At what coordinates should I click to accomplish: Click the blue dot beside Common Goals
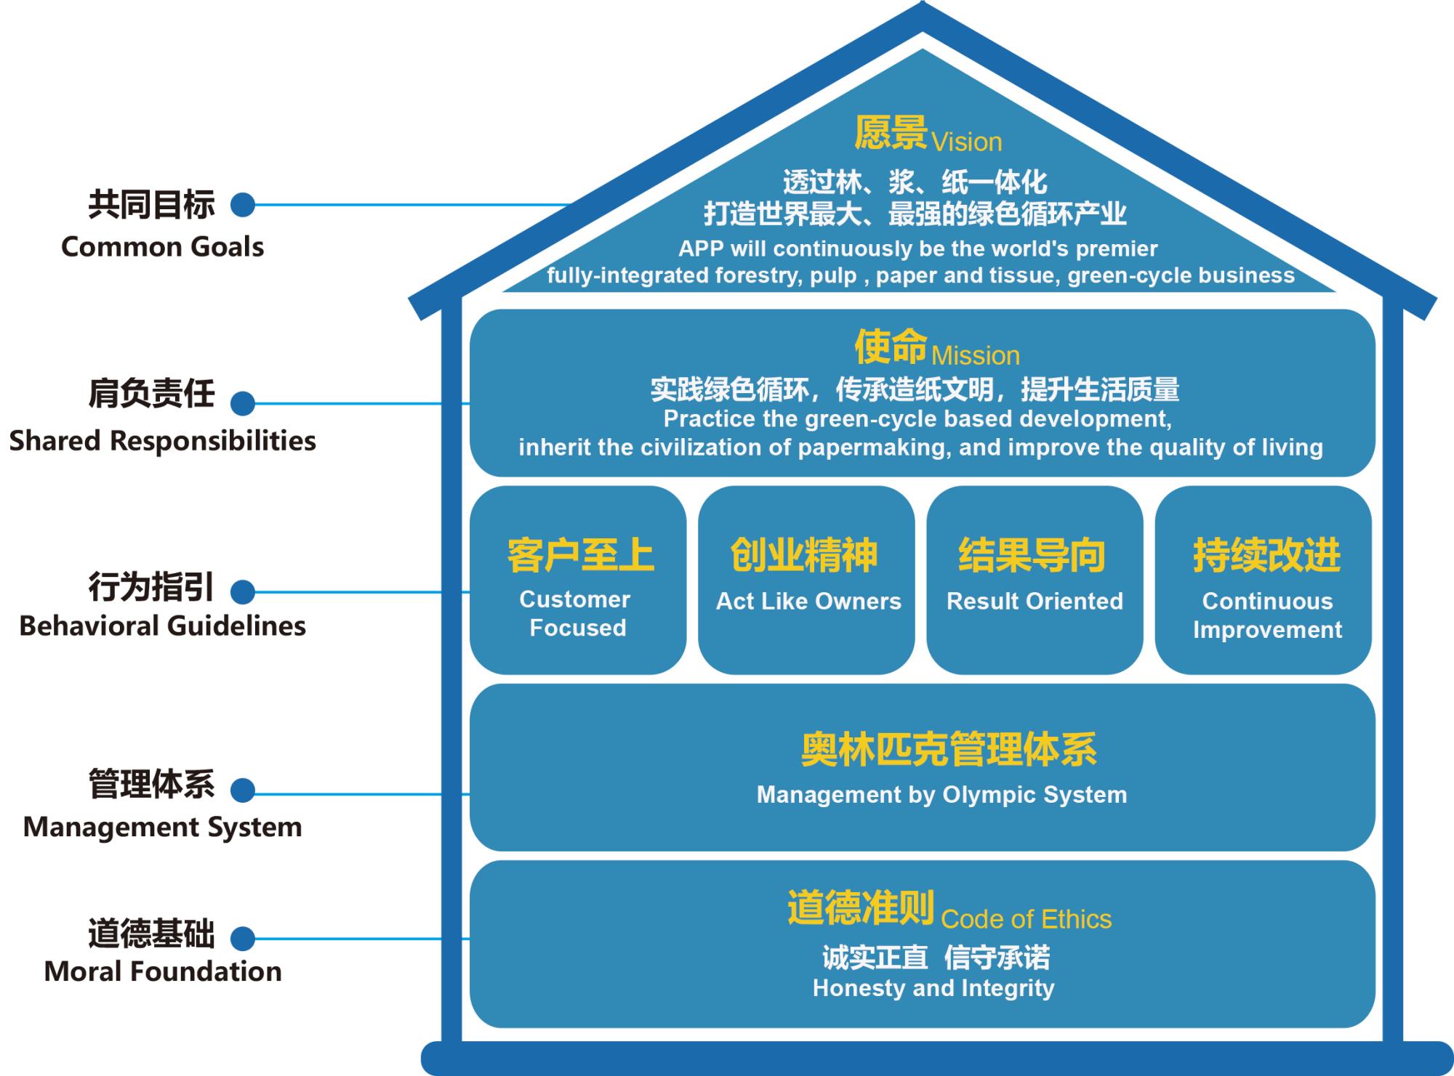243,205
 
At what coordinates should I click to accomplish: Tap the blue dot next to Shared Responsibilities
243,403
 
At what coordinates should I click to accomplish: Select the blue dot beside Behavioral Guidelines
243,592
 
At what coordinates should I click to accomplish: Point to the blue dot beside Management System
243,790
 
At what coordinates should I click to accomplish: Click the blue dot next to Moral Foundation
243,938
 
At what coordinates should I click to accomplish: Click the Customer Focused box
578,580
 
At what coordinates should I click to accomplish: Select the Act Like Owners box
806,580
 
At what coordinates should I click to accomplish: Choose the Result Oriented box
1035,580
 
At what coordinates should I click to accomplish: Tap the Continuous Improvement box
1264,580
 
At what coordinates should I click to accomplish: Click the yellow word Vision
966,142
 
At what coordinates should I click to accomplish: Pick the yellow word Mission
975,356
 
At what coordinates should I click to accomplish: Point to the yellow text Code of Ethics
1026,920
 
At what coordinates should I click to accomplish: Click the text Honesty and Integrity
933,988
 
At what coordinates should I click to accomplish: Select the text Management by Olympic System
941,795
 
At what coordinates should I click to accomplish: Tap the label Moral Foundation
163,971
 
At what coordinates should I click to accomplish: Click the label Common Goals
162,247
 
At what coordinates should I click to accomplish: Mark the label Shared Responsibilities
162,441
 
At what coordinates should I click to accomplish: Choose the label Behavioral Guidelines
162,626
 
